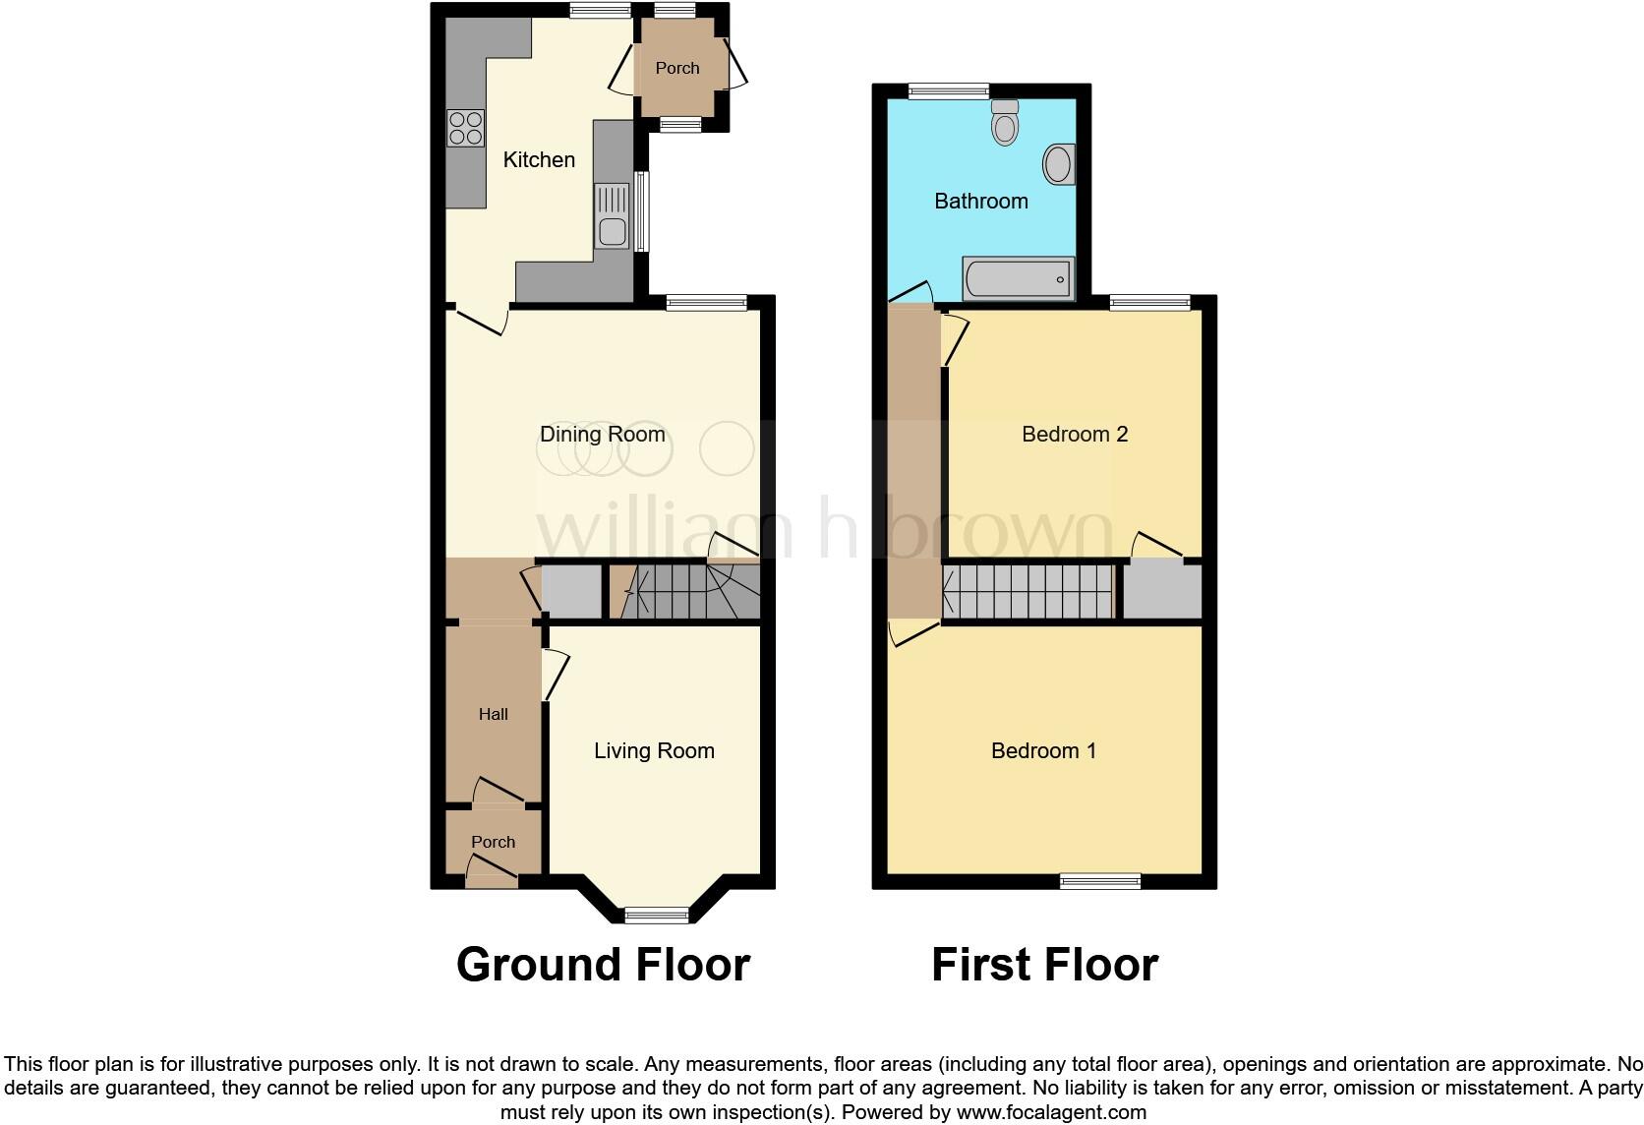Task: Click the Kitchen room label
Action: pyautogui.click(x=539, y=159)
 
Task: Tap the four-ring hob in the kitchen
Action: pyautogui.click(x=466, y=128)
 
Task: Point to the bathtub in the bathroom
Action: pyautogui.click(x=1019, y=279)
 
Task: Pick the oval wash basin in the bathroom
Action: pyautogui.click(x=1058, y=164)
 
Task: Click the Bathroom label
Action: pyautogui.click(x=980, y=202)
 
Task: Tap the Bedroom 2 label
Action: pyautogui.click(x=1074, y=434)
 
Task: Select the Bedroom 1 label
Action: pyautogui.click(x=1043, y=751)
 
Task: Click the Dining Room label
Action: pyautogui.click(x=602, y=434)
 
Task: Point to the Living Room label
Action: pyautogui.click(x=654, y=751)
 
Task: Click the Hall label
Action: pyautogui.click(x=494, y=714)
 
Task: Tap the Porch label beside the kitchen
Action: pyautogui.click(x=677, y=68)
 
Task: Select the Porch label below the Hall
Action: pyautogui.click(x=493, y=842)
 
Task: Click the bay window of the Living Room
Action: pyautogui.click(x=658, y=916)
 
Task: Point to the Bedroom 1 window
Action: pyautogui.click(x=1100, y=881)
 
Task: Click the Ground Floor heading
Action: pyautogui.click(x=603, y=965)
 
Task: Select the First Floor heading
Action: pyautogui.click(x=1044, y=965)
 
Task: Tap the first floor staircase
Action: pyautogui.click(x=1028, y=591)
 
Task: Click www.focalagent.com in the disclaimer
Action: pyautogui.click(x=1051, y=1112)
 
